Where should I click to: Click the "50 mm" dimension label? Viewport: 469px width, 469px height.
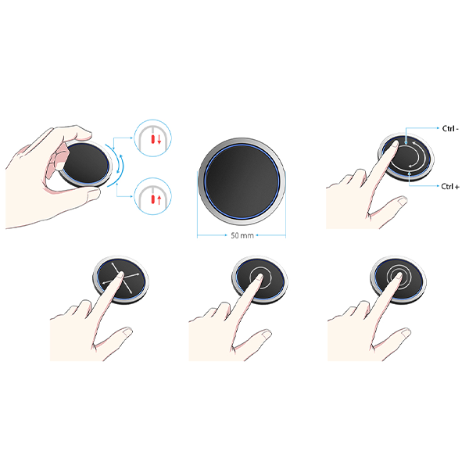(x=242, y=236)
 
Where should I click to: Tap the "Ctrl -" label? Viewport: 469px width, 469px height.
(x=450, y=129)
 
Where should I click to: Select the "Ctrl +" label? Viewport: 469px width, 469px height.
(x=450, y=187)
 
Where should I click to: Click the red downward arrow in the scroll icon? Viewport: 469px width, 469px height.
(x=159, y=139)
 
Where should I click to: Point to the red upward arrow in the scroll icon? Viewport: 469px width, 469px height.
(x=159, y=200)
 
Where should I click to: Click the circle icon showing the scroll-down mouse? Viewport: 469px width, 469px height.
(x=153, y=138)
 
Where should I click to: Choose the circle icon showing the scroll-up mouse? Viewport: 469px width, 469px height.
(x=153, y=196)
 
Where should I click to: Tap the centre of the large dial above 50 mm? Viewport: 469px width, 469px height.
(x=242, y=181)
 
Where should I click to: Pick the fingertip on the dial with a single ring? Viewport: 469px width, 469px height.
(x=259, y=277)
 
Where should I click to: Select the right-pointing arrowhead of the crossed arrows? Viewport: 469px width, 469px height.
(x=138, y=274)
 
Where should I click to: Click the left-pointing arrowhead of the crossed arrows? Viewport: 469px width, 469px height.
(x=104, y=283)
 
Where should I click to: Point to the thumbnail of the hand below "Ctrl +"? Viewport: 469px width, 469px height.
(x=403, y=202)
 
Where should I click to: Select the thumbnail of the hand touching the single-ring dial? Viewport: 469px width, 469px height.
(x=267, y=335)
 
